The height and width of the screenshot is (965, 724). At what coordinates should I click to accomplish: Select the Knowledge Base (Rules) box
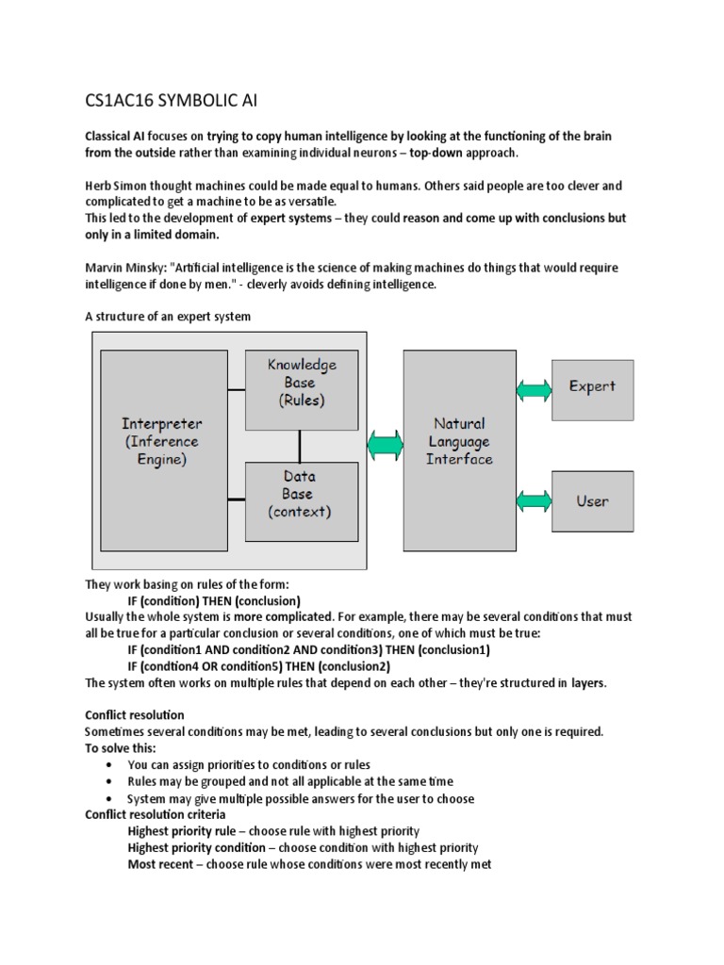301,388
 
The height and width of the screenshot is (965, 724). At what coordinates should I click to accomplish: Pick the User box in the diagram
592,501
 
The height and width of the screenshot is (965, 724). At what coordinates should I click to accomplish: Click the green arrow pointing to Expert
535,387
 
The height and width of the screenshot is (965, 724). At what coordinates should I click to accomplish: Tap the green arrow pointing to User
535,500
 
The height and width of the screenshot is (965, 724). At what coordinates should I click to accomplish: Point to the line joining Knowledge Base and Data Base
301,445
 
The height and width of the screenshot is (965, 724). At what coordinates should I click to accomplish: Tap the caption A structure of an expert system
168,317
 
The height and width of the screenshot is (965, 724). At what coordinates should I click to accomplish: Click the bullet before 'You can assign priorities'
111,765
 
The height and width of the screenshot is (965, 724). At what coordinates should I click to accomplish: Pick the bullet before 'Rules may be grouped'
111,782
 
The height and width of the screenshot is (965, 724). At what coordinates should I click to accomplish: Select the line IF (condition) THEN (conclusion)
214,600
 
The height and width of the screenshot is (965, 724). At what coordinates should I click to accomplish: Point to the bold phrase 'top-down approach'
465,153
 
